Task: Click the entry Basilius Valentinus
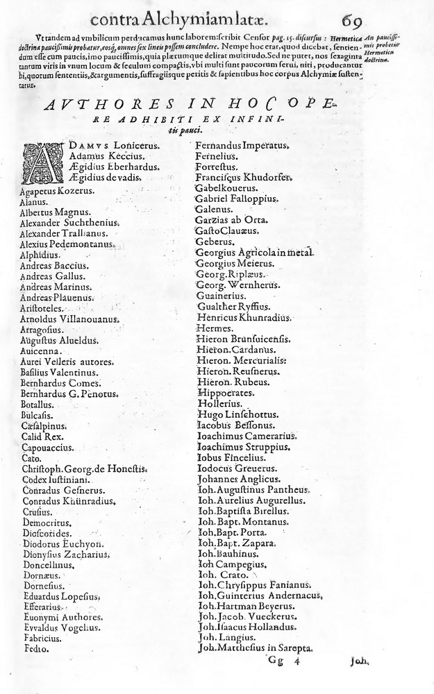[59, 373]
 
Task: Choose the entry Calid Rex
[42, 437]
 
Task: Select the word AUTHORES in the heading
[110, 105]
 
